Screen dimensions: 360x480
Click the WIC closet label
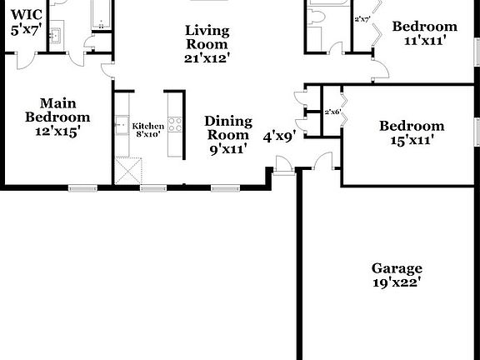click(x=27, y=14)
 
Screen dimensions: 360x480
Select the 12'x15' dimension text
click(x=57, y=132)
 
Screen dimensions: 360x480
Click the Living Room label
click(x=207, y=37)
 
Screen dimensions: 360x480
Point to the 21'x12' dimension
click(x=207, y=58)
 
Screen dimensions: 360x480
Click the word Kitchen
click(x=147, y=126)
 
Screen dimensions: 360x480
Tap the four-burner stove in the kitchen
click(x=176, y=126)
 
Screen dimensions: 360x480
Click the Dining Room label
click(x=227, y=128)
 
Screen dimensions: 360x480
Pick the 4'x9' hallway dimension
click(x=279, y=135)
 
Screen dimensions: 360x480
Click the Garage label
click(x=396, y=268)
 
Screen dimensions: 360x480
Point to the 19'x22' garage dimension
click(x=396, y=282)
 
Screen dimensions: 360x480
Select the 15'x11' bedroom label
click(x=411, y=140)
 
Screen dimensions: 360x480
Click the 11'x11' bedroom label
click(x=424, y=39)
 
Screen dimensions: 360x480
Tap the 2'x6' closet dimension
click(x=333, y=111)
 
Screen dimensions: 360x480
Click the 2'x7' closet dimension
click(x=362, y=19)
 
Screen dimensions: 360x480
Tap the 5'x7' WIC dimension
click(x=26, y=29)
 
